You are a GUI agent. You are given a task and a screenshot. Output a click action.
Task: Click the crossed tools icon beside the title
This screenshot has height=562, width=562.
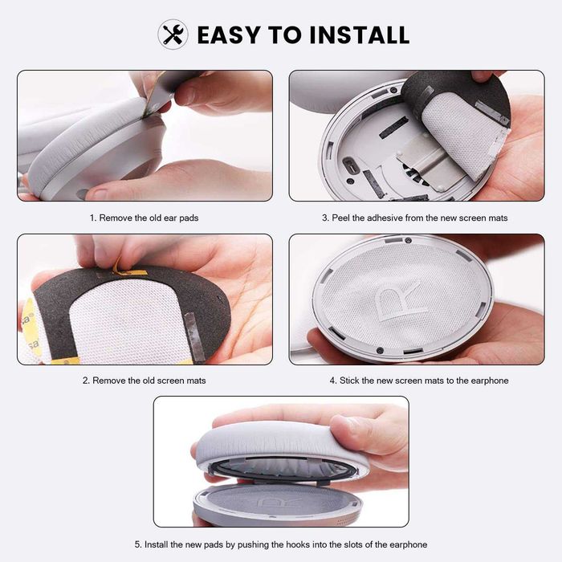[173, 35]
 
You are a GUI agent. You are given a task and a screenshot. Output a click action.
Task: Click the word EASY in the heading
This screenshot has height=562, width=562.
[229, 35]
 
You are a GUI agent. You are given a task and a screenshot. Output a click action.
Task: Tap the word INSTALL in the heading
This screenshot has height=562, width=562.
[359, 35]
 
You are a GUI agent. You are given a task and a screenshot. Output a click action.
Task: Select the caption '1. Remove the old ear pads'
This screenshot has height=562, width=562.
[144, 218]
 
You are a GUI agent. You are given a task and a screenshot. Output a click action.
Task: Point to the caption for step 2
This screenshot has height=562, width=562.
[144, 381]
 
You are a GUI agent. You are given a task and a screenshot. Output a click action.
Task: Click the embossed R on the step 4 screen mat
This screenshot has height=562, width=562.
[401, 299]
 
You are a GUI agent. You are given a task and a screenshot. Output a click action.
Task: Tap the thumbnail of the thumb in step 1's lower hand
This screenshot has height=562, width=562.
[97, 193]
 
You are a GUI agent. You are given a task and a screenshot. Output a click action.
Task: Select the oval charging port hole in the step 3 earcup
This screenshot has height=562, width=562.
[349, 165]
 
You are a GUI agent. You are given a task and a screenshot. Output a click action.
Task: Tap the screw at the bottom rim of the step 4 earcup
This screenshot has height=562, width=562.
[380, 351]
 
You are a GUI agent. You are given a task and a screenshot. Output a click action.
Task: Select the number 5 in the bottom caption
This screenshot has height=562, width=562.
[137, 544]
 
